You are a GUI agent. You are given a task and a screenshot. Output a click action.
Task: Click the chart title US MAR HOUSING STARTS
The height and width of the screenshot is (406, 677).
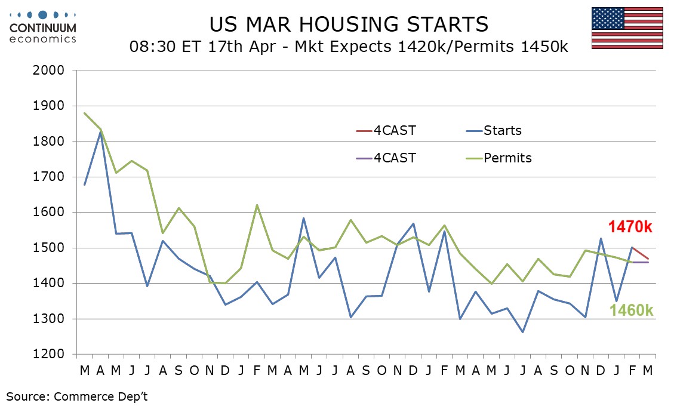tap(349, 24)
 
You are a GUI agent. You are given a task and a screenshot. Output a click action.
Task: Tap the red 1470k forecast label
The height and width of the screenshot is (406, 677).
tap(631, 227)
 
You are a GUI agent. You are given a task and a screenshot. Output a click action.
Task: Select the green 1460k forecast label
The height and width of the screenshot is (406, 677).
tap(631, 310)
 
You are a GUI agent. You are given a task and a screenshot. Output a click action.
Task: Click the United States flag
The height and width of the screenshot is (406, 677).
tap(627, 28)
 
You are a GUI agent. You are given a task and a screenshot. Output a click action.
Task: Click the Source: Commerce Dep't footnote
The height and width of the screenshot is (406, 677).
tap(77, 395)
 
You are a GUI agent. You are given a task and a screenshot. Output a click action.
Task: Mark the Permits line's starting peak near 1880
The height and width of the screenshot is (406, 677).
tap(85, 113)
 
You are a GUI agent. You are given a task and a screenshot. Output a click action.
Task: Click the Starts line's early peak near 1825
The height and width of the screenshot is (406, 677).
tap(100, 132)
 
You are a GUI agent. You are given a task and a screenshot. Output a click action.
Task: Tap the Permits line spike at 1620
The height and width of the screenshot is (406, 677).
tap(257, 205)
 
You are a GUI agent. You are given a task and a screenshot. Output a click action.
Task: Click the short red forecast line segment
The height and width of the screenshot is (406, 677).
tap(641, 253)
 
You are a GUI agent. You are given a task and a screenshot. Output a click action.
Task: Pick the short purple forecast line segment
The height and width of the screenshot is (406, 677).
tap(641, 262)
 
